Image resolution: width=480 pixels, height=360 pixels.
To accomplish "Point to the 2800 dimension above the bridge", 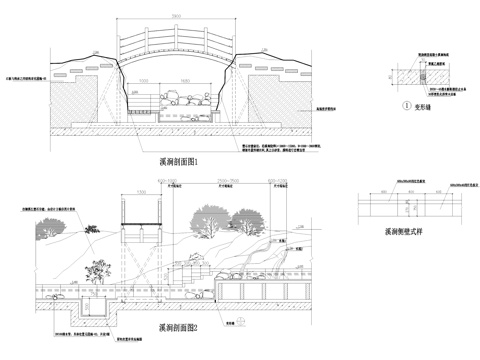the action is tap(174, 18).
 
